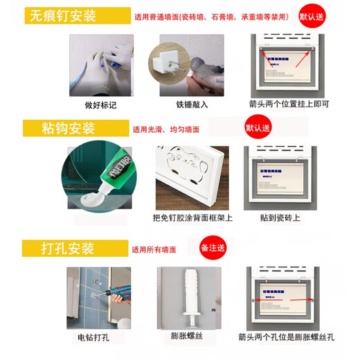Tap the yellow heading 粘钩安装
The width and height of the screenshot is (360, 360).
[66, 128]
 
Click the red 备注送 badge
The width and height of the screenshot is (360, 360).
[213, 246]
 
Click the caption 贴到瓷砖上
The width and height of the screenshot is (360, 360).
[281, 217]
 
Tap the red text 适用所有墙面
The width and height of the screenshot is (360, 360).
[154, 249]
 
